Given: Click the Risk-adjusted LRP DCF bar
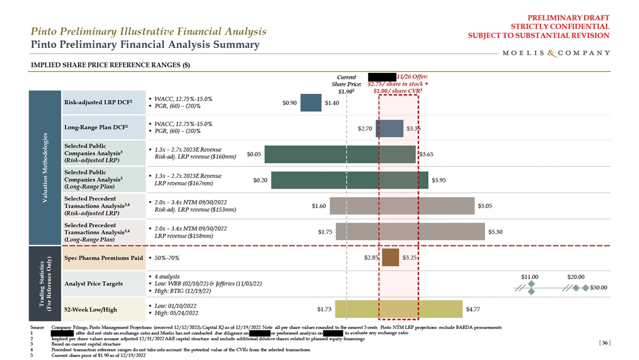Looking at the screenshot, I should (310, 103).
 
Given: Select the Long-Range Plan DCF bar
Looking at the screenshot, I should (389, 128).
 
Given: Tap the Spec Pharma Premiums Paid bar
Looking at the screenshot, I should (390, 257).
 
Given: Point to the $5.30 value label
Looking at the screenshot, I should (496, 232).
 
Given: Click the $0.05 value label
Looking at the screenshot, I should (254, 154).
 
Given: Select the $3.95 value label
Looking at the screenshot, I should (439, 180).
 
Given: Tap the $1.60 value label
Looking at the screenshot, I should (318, 206).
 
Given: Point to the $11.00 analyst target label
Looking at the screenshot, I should (530, 277).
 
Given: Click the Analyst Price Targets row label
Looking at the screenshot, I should (93, 283).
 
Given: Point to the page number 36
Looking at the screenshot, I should (604, 342).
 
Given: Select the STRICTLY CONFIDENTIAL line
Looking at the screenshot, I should (560, 26).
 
